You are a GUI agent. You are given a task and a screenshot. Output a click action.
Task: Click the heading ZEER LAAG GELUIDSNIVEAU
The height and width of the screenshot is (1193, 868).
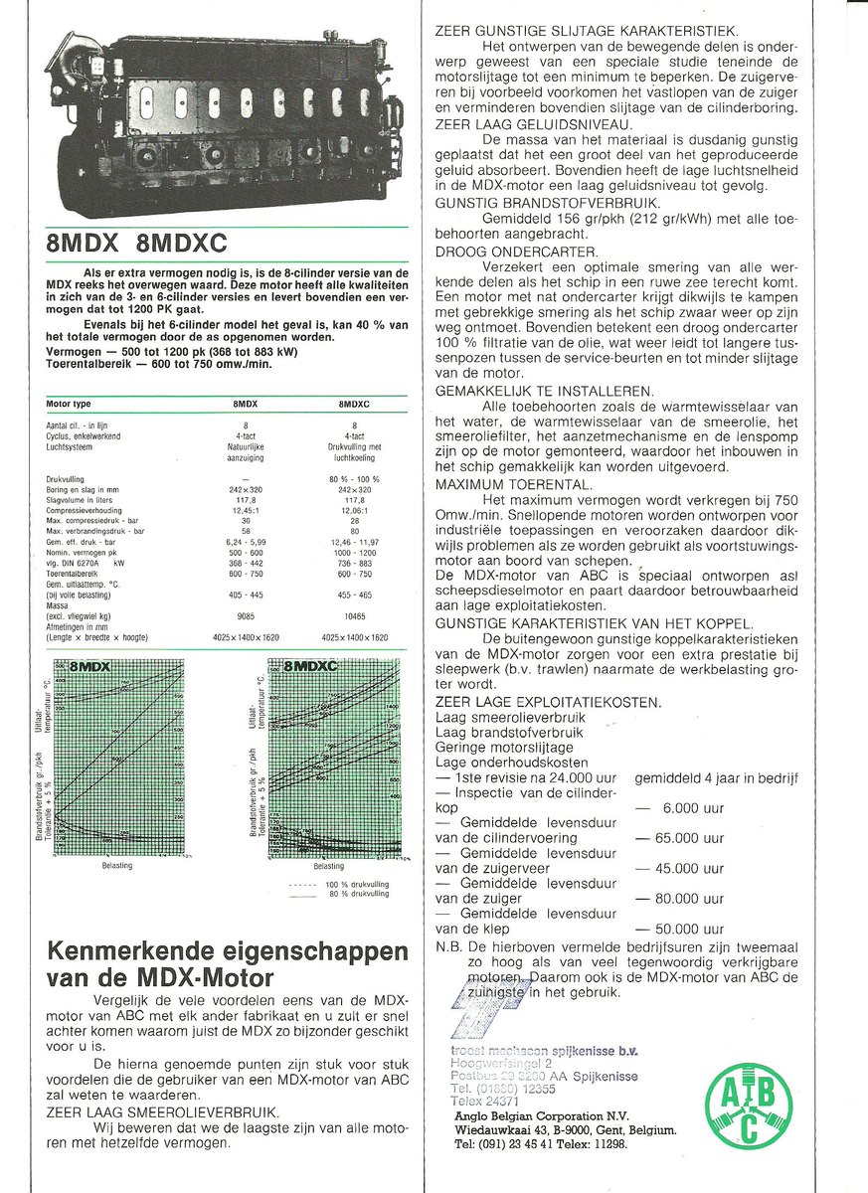tap(533, 124)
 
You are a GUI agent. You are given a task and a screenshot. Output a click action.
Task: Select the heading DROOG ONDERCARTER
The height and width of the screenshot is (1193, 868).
tap(516, 252)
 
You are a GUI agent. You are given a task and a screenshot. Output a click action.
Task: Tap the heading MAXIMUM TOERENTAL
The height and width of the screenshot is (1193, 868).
tap(514, 484)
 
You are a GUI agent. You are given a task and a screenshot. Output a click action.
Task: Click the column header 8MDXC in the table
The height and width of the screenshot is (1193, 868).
tap(354, 405)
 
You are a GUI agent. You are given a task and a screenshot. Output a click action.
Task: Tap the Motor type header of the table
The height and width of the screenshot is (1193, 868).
tap(70, 405)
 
